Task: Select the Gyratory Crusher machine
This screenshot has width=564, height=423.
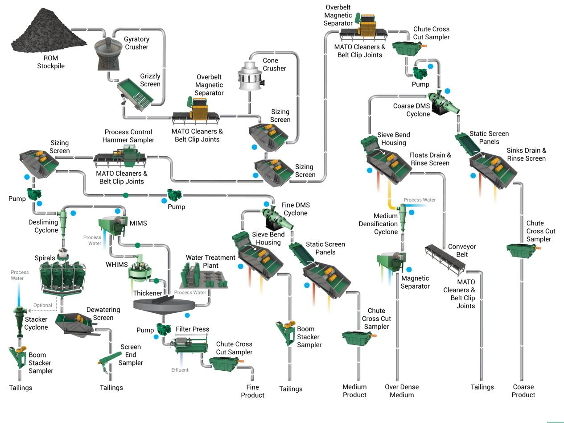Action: coord(109,53)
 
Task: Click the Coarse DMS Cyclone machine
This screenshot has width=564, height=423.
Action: coord(444,103)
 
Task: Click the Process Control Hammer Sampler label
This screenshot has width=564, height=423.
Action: coord(128,136)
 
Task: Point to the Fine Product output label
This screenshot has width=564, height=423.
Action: coord(252,391)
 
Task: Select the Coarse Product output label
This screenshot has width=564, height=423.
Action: coord(523,391)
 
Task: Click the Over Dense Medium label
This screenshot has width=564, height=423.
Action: coord(402,391)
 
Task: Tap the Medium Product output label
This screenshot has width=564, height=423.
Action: coord(354,391)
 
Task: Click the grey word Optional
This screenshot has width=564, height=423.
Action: coord(43,305)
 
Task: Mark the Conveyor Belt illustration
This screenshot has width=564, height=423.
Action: coord(445,258)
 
